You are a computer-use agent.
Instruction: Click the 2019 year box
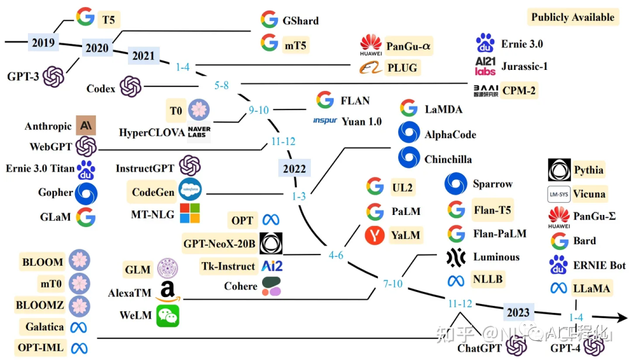43,42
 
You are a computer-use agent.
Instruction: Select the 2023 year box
517,312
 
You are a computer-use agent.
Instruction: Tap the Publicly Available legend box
572,17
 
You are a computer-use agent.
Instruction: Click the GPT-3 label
23,76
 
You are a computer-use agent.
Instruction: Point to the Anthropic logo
86,126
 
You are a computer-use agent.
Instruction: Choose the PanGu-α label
409,44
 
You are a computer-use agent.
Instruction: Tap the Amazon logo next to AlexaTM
168,292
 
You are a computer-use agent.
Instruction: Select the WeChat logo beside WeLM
168,315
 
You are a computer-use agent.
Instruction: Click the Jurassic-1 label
524,66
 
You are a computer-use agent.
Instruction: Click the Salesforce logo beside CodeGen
190,190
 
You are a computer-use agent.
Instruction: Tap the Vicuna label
589,193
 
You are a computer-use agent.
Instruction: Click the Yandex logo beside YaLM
375,235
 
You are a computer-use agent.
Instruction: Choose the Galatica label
44,327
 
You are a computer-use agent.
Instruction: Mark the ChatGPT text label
480,348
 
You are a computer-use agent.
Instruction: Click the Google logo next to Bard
560,241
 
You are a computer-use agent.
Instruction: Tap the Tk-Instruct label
228,266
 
